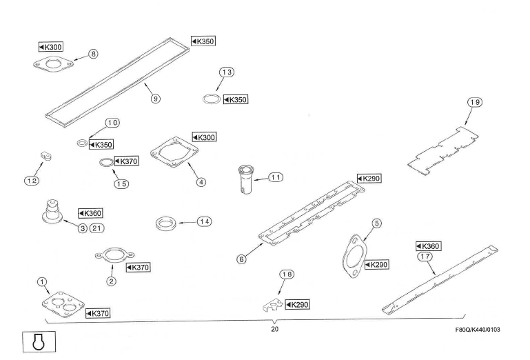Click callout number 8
pyautogui.click(x=93, y=54)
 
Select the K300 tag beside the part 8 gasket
pyautogui.click(x=51, y=47)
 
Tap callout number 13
pyautogui.click(x=227, y=72)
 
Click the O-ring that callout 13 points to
pyautogui.click(x=212, y=99)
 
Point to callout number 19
pyautogui.click(x=475, y=102)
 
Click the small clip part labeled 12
pyautogui.click(x=46, y=156)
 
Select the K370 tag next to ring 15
pyautogui.click(x=126, y=161)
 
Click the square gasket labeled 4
pyautogui.click(x=174, y=152)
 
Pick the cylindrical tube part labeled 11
pyautogui.click(x=246, y=179)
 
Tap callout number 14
pyautogui.click(x=205, y=221)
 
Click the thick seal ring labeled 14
pyautogui.click(x=166, y=223)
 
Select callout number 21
pyautogui.click(x=96, y=228)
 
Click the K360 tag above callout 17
pyautogui.click(x=428, y=246)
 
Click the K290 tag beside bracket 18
pyautogui.click(x=298, y=305)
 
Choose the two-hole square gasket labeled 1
pyautogui.click(x=63, y=305)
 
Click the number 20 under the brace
pyautogui.click(x=274, y=329)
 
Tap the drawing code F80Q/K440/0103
pyautogui.click(x=478, y=330)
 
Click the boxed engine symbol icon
pyautogui.click(x=39, y=342)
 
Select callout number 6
pyautogui.click(x=241, y=259)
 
